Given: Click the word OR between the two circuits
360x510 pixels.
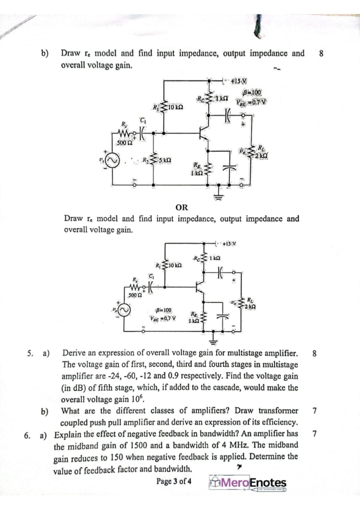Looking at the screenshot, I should (182, 206).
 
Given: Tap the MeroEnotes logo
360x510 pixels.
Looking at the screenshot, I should (248, 483).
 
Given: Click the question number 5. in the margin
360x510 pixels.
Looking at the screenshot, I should (30, 354).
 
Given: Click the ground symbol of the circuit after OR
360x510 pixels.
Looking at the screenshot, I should (215, 344).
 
